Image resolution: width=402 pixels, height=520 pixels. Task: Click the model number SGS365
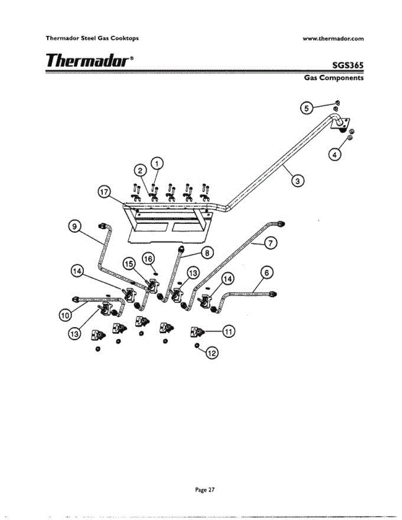tap(347, 65)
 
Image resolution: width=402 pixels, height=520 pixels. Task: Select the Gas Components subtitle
tap(333, 78)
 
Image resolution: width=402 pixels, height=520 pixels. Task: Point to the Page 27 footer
tap(205, 490)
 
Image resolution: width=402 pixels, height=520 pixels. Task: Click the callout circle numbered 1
tap(157, 163)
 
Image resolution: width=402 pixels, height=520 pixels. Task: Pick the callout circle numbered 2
tap(141, 171)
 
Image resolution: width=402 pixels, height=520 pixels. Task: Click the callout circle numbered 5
tap(307, 108)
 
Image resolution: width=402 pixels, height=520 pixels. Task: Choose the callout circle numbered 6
tap(268, 273)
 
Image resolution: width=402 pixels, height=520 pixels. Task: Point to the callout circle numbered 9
tap(75, 226)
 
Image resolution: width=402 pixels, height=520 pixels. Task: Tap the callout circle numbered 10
tap(65, 315)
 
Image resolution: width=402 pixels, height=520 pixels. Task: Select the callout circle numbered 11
tap(229, 331)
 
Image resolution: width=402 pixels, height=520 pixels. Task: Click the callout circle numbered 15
tap(129, 263)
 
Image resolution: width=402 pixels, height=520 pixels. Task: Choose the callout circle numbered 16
tap(148, 259)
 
